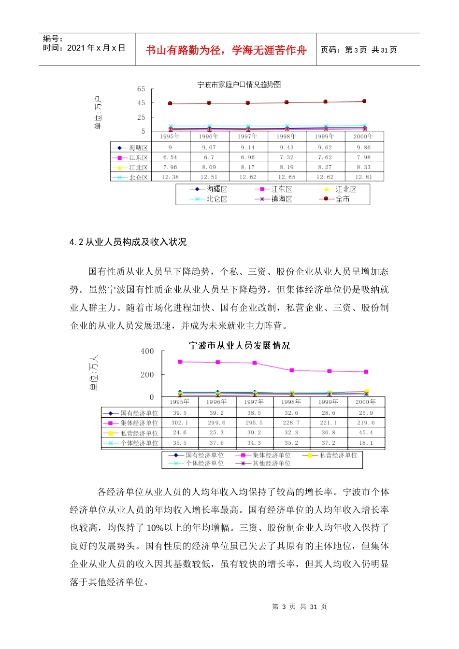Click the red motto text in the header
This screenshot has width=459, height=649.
click(226, 50)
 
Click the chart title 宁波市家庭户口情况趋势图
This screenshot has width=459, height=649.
click(239, 85)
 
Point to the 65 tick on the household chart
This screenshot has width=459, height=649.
click(141, 89)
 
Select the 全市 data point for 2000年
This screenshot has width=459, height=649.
click(364, 101)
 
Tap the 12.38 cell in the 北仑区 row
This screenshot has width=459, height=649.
click(170, 177)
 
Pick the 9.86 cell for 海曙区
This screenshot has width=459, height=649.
click(364, 148)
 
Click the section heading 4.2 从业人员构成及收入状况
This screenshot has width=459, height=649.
click(128, 242)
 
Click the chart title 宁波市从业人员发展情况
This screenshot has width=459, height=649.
click(239, 346)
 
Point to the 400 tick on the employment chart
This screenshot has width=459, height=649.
click(147, 352)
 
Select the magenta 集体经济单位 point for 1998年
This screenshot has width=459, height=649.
click(292, 370)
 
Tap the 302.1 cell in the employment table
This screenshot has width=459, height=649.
click(179, 423)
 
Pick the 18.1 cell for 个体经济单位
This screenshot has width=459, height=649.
click(366, 443)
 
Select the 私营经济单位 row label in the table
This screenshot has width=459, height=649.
click(139, 433)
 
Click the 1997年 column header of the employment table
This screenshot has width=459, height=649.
click(254, 402)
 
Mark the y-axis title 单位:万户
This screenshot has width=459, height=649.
click(98, 113)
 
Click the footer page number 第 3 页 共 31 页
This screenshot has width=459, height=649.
click(300, 607)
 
